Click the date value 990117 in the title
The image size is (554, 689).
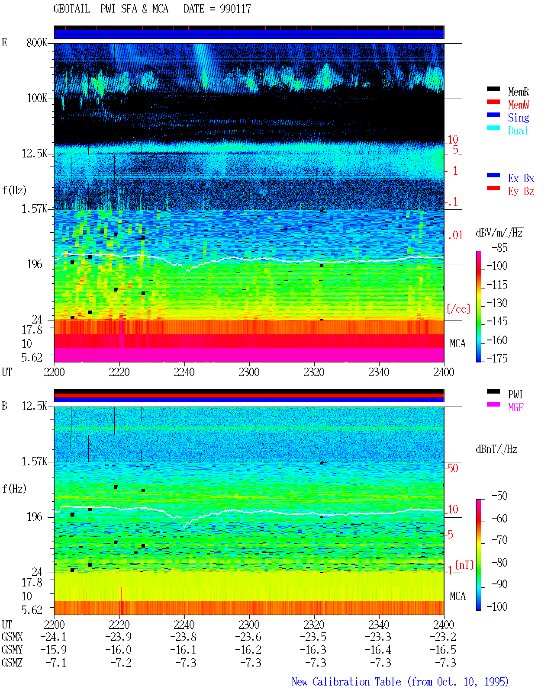click(235, 9)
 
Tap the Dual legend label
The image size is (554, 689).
click(518, 131)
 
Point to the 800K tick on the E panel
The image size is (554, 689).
click(37, 42)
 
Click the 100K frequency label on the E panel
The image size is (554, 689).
click(37, 98)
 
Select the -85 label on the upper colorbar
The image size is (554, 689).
click(499, 247)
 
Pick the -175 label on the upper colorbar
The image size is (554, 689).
click(497, 358)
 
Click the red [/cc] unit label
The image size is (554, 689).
click(458, 309)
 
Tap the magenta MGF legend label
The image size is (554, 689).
click(516, 407)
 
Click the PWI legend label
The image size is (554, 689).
click(515, 394)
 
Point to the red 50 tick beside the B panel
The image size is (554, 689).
click(453, 468)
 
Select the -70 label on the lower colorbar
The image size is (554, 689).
click(499, 540)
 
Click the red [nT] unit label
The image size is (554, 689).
click(464, 564)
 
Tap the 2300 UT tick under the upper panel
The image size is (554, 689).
click(249, 372)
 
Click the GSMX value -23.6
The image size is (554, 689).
click(248, 637)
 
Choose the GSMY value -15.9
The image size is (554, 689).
click(54, 650)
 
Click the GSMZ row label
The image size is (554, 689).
click(12, 663)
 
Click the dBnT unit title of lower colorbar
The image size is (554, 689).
click(496, 449)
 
